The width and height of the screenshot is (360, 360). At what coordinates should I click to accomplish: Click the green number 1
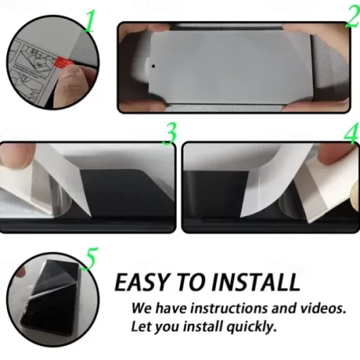point(89,21)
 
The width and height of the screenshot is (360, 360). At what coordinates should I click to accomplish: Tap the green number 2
point(352,17)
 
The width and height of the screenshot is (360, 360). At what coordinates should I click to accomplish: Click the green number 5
point(90,258)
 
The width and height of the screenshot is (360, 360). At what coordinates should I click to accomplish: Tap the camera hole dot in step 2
point(153,66)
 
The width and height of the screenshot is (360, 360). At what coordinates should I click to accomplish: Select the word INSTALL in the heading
point(256,282)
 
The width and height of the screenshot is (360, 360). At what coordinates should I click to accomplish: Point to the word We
point(141,308)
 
